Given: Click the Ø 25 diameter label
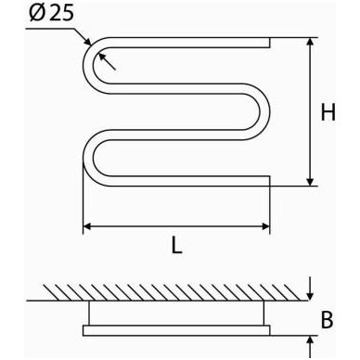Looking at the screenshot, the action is (x=52, y=13).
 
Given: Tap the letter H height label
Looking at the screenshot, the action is (x=328, y=112).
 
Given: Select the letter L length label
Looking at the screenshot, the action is (x=176, y=246).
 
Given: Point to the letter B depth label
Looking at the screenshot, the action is (x=327, y=319).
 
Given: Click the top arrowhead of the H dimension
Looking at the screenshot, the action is (x=310, y=42).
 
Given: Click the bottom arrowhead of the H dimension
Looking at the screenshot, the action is (x=310, y=182).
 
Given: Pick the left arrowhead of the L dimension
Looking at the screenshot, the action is (x=87, y=226).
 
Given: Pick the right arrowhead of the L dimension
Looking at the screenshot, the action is (x=265, y=226).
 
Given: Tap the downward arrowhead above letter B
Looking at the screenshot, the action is (x=310, y=296).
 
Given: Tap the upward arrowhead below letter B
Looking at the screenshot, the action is (x=310, y=340).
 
